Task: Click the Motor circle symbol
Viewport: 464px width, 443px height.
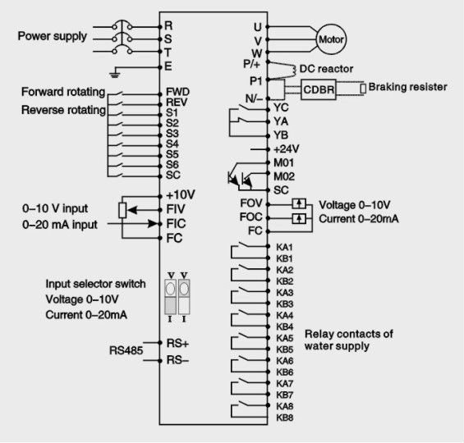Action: [331, 39]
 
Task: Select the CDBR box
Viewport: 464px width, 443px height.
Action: [319, 89]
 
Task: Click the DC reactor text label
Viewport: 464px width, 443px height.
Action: [326, 69]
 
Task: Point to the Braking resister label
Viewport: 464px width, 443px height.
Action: [408, 87]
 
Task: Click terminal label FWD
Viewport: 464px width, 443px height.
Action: [177, 92]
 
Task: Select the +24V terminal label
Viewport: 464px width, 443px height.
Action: [286, 149]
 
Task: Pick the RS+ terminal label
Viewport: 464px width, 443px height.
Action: [177, 344]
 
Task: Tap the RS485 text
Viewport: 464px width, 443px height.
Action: [126, 350]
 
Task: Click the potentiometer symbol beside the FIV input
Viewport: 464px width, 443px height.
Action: [122, 210]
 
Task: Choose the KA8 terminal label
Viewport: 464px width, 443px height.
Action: [285, 406]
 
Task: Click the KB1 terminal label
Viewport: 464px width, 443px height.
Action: [284, 258]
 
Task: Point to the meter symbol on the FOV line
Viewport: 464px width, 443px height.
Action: [299, 204]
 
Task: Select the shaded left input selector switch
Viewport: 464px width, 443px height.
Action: [170, 297]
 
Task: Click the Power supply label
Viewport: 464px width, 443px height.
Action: [53, 36]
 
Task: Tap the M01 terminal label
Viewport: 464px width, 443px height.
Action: [284, 162]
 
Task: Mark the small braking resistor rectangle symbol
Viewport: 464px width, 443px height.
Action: [363, 89]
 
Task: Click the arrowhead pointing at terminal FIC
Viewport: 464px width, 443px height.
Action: [153, 223]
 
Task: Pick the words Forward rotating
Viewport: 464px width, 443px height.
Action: [63, 92]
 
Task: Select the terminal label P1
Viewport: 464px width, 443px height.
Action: [256, 81]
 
